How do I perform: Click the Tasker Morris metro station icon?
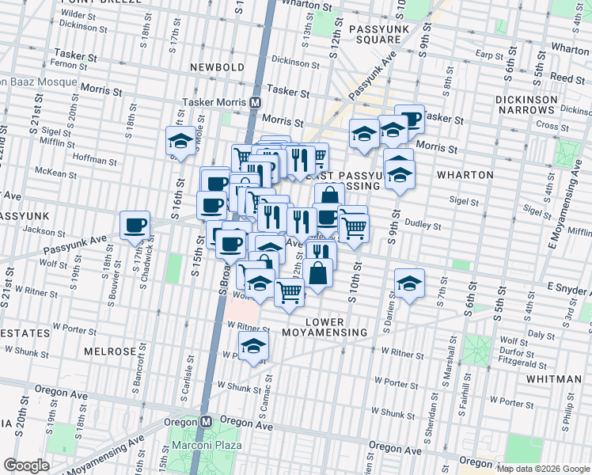tap(256, 103)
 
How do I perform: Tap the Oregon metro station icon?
tap(207, 422)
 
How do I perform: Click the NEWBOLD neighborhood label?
tap(216, 67)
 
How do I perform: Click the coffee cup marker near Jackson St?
tap(135, 224)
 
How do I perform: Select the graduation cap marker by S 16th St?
tap(180, 142)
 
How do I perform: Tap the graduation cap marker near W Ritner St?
tap(253, 345)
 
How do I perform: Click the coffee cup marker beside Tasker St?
tap(410, 119)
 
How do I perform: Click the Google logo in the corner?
tap(26, 465)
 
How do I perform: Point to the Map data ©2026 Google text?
tap(543, 469)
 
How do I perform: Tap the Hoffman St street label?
tap(96, 158)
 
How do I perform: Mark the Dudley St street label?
tap(416, 224)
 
